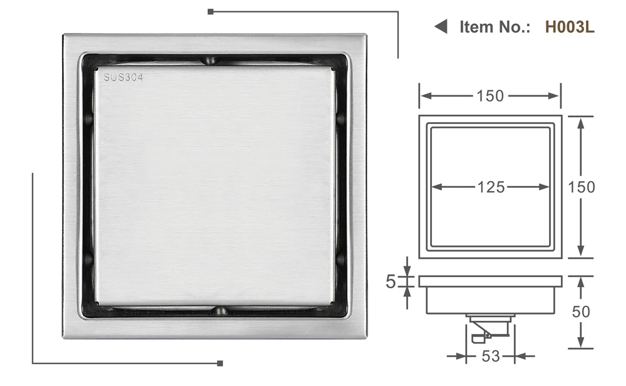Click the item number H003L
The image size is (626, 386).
pyautogui.click(x=570, y=27)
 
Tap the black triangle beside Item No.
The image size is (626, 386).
pyautogui.click(x=441, y=26)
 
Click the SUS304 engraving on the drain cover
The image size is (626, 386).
pyautogui.click(x=123, y=77)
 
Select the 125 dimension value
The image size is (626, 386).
pyautogui.click(x=491, y=187)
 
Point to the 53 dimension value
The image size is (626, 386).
pyautogui.click(x=491, y=356)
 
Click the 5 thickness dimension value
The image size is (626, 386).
pyautogui.click(x=391, y=282)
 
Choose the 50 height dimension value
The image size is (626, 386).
pyautogui.click(x=580, y=311)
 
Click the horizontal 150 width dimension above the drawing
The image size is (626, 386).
pyautogui.click(x=490, y=96)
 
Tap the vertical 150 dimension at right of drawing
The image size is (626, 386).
pyautogui.click(x=582, y=187)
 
